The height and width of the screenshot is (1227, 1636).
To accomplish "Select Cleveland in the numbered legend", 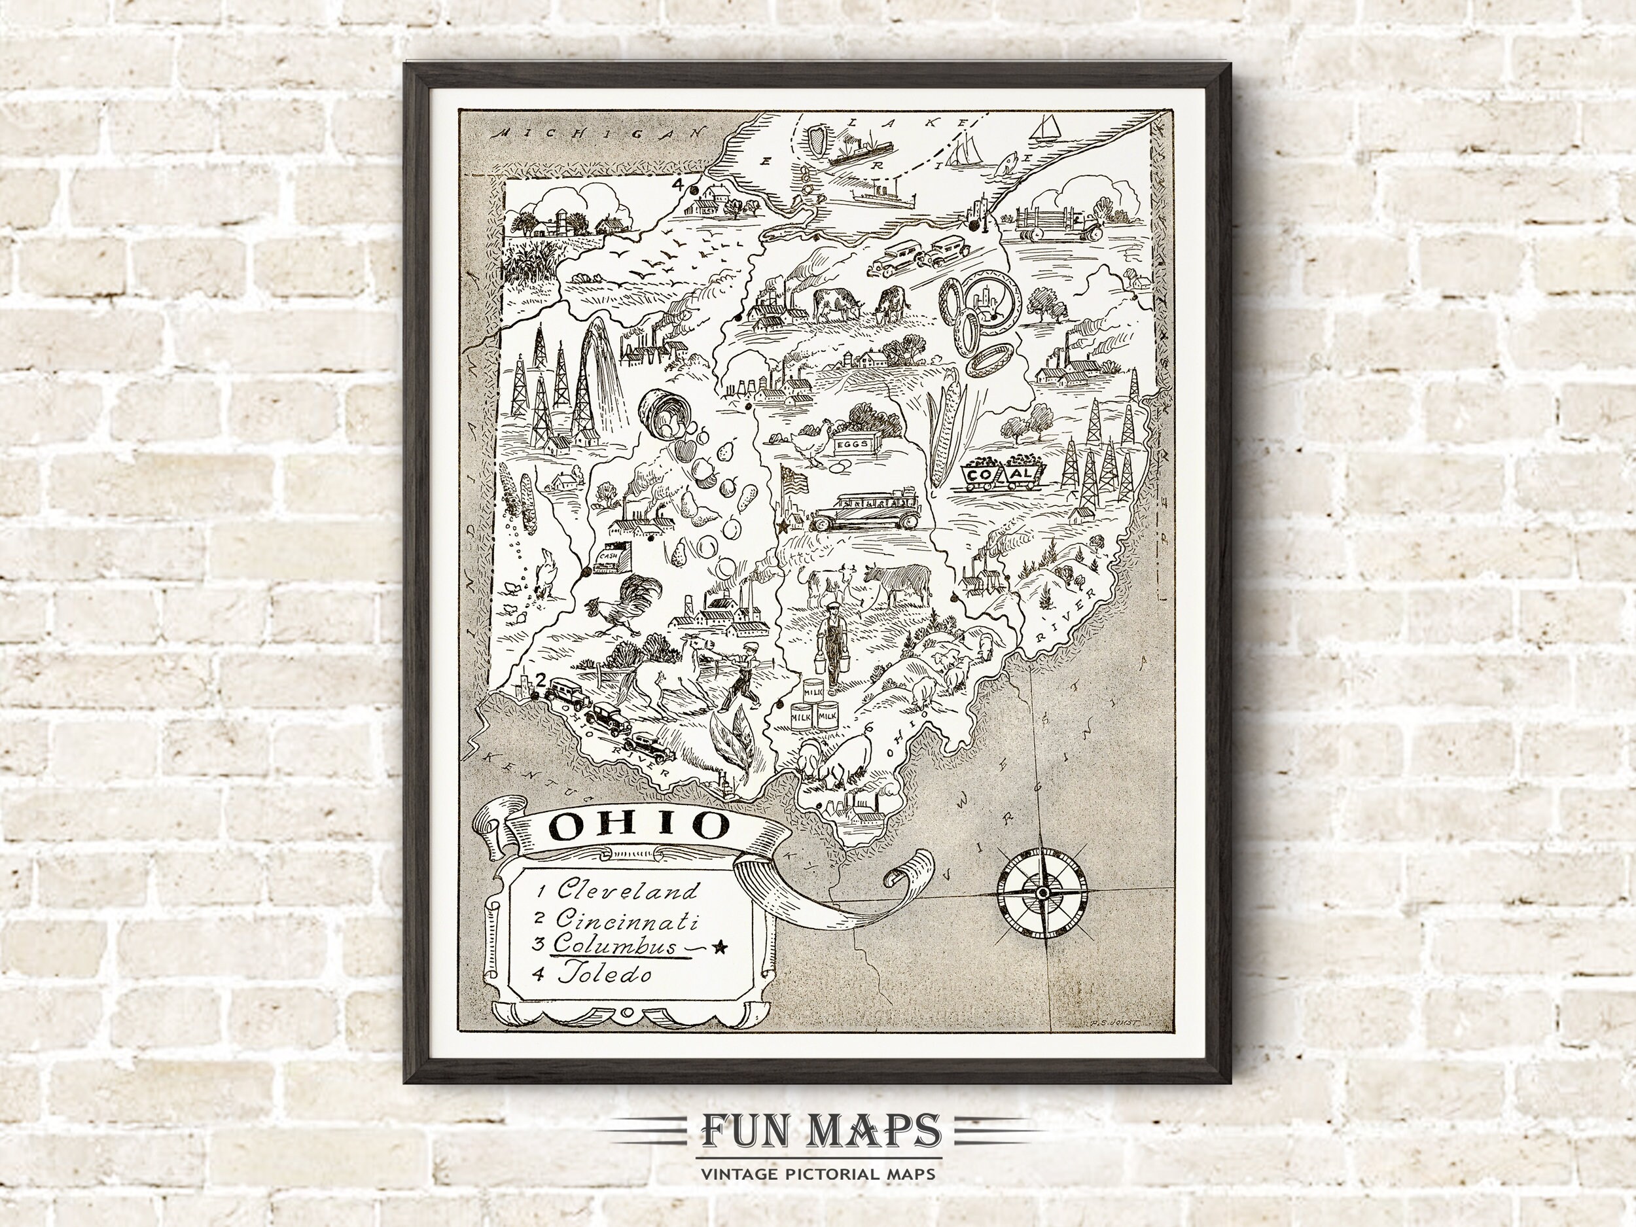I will tap(627, 891).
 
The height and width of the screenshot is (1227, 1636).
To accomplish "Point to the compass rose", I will tap(1042, 893).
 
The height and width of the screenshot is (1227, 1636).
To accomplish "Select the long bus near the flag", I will tap(862, 509).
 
